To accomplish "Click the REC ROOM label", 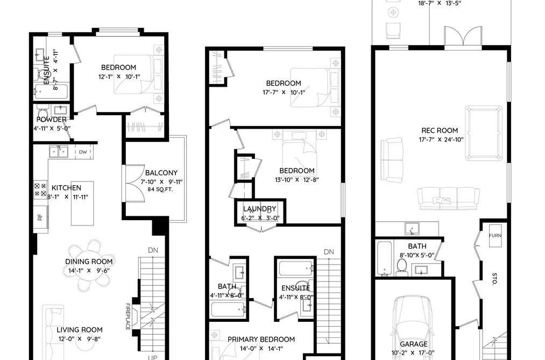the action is (x=440, y=131).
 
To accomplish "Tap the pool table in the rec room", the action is (x=484, y=133).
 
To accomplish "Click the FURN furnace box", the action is (x=495, y=236).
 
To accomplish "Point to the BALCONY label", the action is (x=161, y=173).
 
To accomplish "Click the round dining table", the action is (x=89, y=265).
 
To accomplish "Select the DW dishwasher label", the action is (x=83, y=152).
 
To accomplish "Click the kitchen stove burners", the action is (x=40, y=190).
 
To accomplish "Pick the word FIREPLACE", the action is (x=128, y=316).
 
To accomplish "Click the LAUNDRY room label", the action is (x=260, y=209).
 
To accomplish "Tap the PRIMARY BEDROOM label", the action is (x=261, y=340).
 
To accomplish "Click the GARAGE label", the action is (x=413, y=344).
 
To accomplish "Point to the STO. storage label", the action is (x=494, y=279).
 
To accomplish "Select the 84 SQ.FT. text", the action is (x=160, y=189).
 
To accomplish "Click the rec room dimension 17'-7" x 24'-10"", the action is (x=441, y=140).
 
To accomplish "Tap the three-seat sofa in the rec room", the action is (x=448, y=199).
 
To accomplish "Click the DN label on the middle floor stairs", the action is (x=329, y=252).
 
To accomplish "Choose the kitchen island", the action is (x=82, y=203).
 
